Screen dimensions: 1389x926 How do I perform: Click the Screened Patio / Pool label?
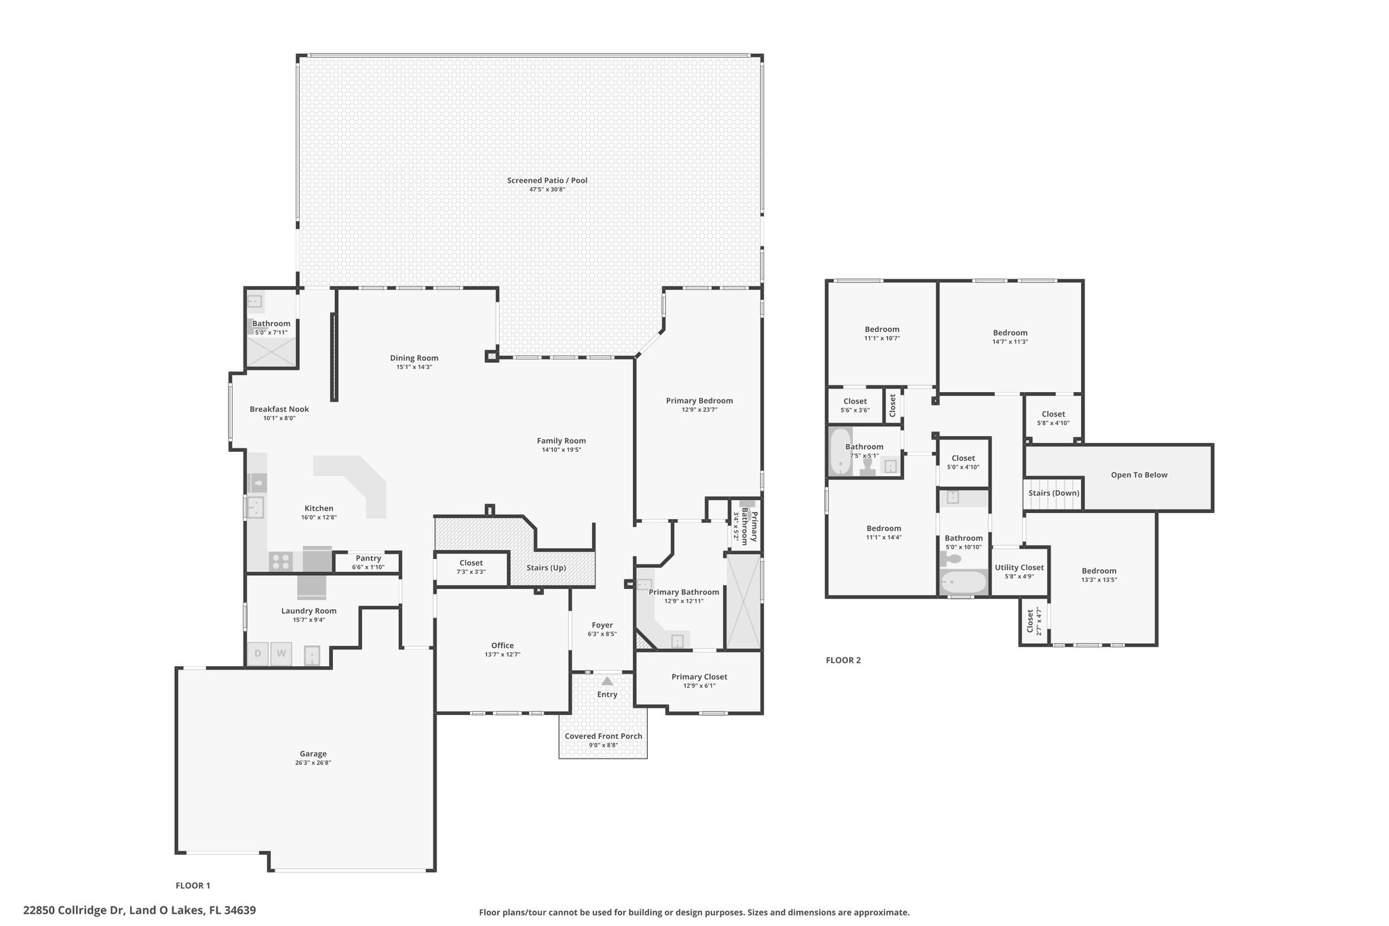[x=547, y=180]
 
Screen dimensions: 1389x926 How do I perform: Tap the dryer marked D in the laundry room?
[x=258, y=654]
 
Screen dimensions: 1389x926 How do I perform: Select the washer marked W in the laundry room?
[x=281, y=654]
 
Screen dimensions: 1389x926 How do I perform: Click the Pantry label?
[x=368, y=558]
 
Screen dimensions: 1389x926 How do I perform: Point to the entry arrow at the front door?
[x=607, y=680]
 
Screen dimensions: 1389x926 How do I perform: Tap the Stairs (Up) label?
[x=547, y=568]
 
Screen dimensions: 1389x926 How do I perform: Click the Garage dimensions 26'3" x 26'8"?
[x=313, y=763]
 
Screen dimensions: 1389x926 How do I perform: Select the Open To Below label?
[x=1139, y=475]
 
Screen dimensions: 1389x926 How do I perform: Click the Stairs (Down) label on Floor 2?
[x=1053, y=493]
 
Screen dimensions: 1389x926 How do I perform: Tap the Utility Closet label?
[x=1019, y=568]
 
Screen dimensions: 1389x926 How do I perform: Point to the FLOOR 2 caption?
[x=843, y=660]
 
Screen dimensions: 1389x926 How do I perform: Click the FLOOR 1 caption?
[x=193, y=885]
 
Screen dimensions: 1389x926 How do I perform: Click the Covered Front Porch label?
[x=604, y=736]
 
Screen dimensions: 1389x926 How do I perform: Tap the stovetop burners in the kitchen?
[x=280, y=562]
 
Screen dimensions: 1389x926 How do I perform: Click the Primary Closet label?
[x=699, y=676]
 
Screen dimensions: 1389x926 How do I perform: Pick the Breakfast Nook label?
[x=279, y=409]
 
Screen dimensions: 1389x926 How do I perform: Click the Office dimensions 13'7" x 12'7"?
[x=503, y=655]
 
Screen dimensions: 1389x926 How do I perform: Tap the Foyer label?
[x=602, y=625]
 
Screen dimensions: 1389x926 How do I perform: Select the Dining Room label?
[x=414, y=358]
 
